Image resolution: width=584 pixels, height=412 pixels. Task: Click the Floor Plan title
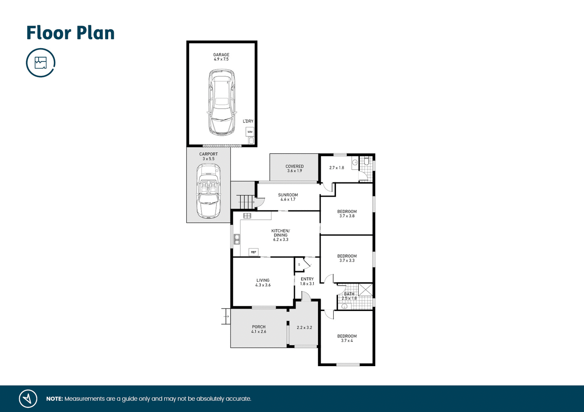70,33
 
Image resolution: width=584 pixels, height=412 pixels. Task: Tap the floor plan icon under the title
40,63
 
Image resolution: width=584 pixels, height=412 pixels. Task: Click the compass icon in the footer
28,399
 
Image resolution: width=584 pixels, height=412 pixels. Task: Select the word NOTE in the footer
55,399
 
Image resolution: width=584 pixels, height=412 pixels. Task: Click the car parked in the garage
222,102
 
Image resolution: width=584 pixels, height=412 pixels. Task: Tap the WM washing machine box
250,132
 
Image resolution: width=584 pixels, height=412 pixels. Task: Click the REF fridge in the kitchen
253,252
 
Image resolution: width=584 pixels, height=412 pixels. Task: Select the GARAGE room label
221,55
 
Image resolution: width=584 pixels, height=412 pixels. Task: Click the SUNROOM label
288,195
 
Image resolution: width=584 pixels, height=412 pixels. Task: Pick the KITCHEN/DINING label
281,233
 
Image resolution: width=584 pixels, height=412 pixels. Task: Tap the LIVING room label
263,280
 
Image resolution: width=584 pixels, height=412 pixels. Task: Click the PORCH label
259,327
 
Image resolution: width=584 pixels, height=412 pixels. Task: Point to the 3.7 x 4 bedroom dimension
347,341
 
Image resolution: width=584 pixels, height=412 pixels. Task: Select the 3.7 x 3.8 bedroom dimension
347,216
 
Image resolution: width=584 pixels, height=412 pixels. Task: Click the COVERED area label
294,166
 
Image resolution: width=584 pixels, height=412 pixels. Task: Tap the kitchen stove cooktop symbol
247,216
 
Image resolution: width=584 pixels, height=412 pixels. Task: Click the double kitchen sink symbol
237,239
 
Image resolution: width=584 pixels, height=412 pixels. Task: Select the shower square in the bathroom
365,290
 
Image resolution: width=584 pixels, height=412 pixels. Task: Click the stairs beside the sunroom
245,202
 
